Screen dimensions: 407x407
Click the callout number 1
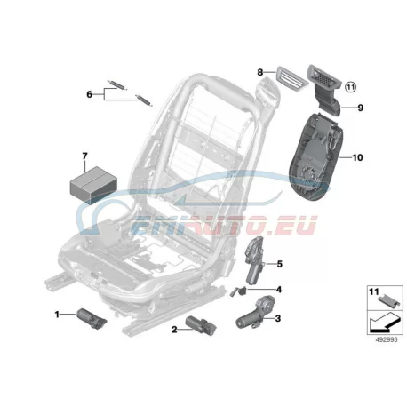click(57, 315)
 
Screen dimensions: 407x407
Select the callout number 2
click(174, 329)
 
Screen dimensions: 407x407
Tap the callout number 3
click(277, 318)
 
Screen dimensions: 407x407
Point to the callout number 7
click(84, 156)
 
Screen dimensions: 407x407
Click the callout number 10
click(357, 157)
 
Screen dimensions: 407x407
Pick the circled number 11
click(351, 87)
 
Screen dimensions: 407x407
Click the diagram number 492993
click(387, 339)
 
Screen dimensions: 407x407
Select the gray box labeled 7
click(93, 185)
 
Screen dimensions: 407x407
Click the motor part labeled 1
click(92, 318)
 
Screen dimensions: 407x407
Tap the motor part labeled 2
click(201, 325)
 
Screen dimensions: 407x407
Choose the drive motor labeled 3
click(256, 313)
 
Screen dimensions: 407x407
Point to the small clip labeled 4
click(238, 291)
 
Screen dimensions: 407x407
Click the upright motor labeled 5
click(255, 260)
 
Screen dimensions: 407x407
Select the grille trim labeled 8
click(288, 77)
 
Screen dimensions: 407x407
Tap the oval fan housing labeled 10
click(316, 157)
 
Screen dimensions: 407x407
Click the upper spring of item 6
click(117, 84)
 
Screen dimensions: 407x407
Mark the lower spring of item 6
click(144, 100)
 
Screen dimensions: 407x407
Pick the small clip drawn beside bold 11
click(389, 300)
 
